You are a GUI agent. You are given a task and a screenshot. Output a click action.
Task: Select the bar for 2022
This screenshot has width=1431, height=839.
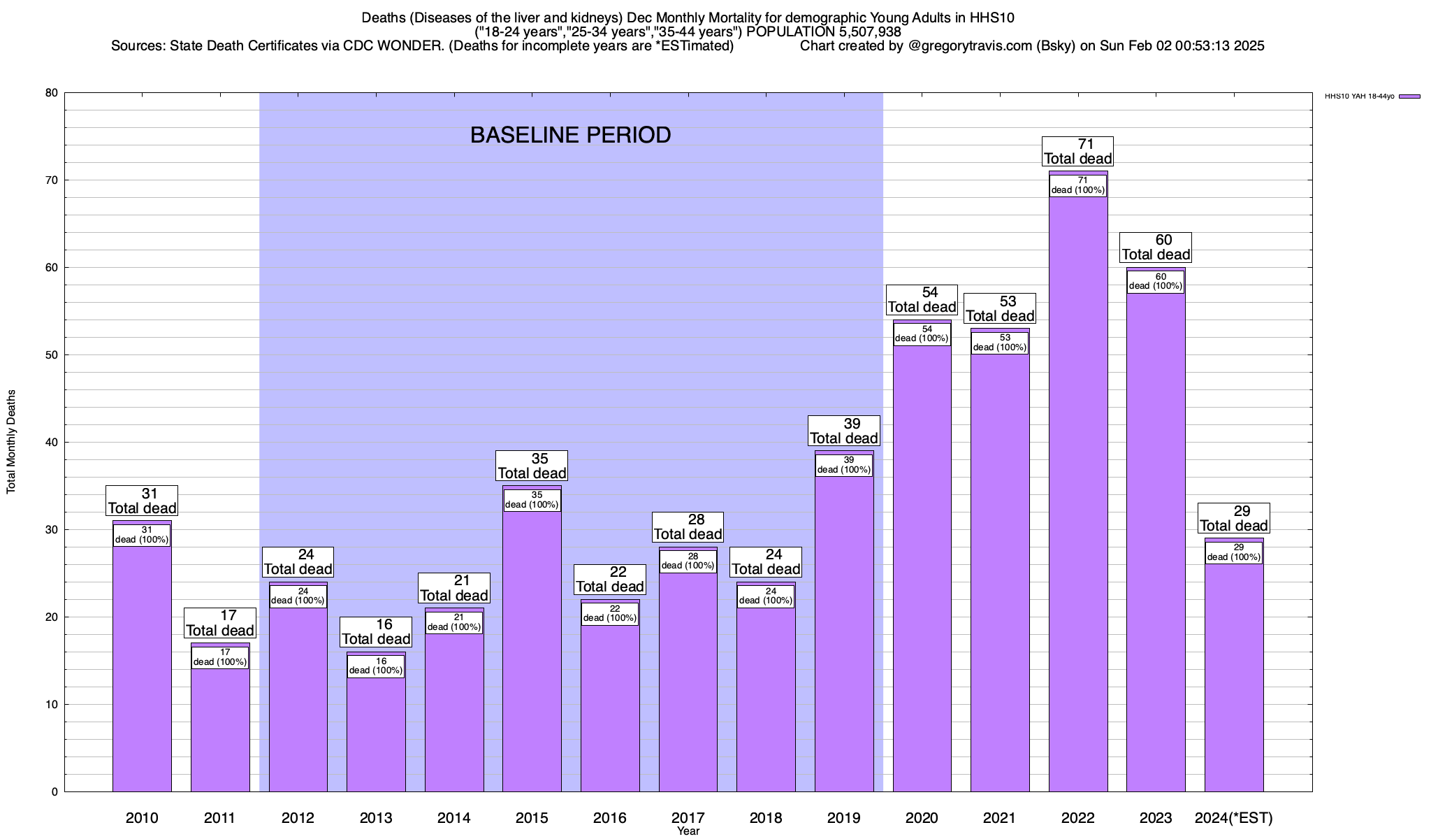(x=1077, y=489)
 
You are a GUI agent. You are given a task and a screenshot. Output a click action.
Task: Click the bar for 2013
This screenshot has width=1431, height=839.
(x=376, y=734)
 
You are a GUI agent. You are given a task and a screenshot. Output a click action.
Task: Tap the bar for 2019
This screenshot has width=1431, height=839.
(x=843, y=629)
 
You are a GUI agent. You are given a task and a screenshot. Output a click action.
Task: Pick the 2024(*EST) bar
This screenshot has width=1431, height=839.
(x=1233, y=678)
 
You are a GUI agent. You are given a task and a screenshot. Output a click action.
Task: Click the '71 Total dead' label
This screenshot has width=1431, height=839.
(x=1077, y=152)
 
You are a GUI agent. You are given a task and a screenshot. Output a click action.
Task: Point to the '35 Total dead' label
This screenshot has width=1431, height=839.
(x=532, y=466)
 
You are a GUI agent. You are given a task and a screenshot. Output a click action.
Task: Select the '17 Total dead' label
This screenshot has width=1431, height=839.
(x=219, y=623)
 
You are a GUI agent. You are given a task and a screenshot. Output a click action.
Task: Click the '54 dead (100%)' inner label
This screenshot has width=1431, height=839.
(x=922, y=334)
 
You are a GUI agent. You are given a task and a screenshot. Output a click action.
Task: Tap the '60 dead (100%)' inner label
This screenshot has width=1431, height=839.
(x=1156, y=282)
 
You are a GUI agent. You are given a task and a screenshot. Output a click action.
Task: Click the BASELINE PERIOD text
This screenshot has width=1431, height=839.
(x=570, y=135)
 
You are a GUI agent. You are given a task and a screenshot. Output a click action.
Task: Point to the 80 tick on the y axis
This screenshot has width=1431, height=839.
(x=52, y=93)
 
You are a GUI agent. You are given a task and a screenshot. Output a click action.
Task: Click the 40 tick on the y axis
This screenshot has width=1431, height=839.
(x=52, y=443)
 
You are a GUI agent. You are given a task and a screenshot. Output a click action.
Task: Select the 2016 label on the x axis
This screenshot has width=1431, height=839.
(x=610, y=818)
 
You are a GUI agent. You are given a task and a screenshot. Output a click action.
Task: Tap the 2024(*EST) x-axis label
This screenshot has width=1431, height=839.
(x=1233, y=818)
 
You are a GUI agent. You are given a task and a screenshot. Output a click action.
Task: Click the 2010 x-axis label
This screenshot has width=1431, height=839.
(x=142, y=818)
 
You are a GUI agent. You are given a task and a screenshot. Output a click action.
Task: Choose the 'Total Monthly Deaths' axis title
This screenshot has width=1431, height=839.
(x=11, y=442)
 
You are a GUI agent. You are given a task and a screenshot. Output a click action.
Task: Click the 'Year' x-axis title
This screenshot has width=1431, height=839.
(x=688, y=831)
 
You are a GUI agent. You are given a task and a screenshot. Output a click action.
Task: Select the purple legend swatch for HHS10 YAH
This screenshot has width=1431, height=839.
(x=1409, y=96)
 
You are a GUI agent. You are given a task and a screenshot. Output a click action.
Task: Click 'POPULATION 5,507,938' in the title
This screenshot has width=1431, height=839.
(x=823, y=32)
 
